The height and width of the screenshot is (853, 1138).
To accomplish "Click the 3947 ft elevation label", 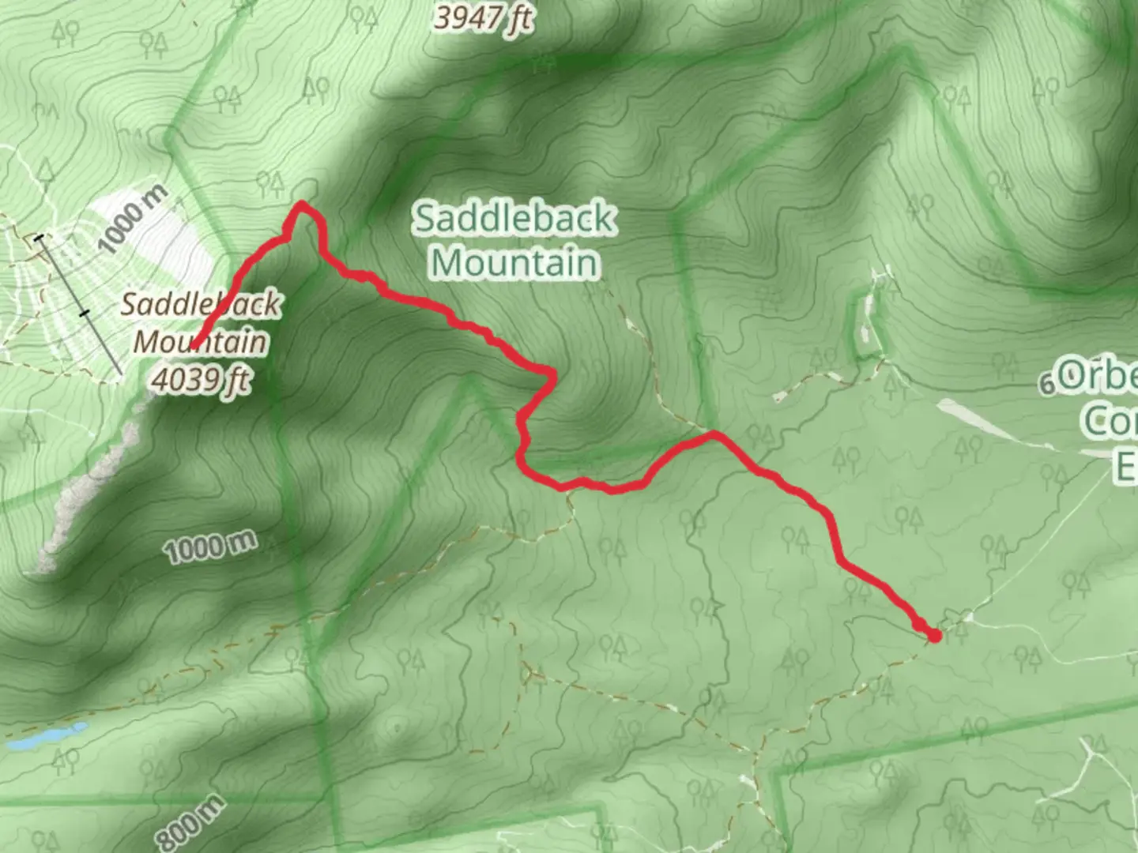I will pyautogui.click(x=483, y=17).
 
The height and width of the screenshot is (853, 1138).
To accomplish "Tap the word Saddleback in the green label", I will pyautogui.click(x=515, y=218).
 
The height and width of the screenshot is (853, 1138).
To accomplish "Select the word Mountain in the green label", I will pyautogui.click(x=515, y=262).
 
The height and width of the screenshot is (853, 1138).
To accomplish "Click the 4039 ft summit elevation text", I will pyautogui.click(x=200, y=380).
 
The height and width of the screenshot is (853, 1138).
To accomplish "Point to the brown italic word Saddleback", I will pyautogui.click(x=201, y=305).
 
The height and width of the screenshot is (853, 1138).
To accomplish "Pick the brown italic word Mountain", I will pyautogui.click(x=200, y=342).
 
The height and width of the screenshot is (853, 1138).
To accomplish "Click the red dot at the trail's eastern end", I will pyautogui.click(x=935, y=635).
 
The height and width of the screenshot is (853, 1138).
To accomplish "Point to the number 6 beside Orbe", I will pyautogui.click(x=1047, y=385).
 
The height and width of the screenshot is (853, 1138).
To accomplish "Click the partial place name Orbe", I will pyautogui.click(x=1098, y=377).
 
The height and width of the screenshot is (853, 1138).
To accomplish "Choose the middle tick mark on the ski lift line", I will pyautogui.click(x=85, y=314).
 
